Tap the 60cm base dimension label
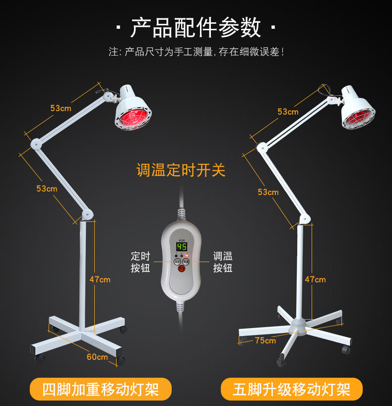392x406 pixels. [97, 357]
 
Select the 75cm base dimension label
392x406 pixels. [265, 340]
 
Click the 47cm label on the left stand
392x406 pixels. [100, 279]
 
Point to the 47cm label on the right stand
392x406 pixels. [315, 279]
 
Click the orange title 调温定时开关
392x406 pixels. [181, 170]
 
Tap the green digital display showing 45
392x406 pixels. [182, 247]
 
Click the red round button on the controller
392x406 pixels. [182, 270]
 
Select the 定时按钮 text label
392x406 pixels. [140, 262]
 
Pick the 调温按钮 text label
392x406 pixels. [223, 262]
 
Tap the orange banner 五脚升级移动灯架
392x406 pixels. [291, 389]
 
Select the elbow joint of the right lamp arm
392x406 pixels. [261, 146]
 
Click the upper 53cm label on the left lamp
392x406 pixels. [61, 108]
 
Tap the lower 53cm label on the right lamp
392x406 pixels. [268, 192]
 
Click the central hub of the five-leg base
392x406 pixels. [300, 323]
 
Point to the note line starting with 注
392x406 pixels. [196, 52]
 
